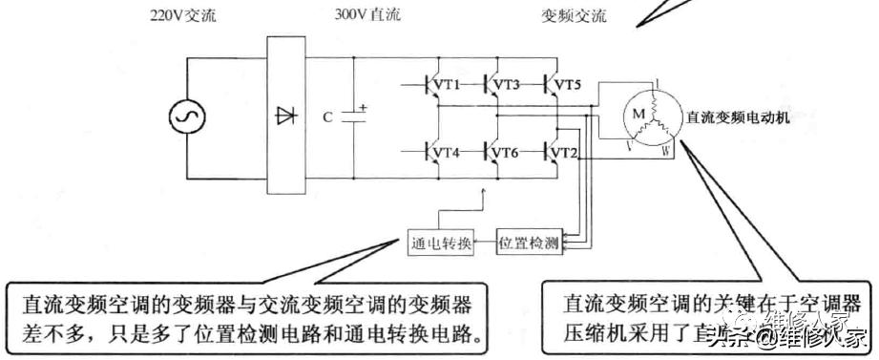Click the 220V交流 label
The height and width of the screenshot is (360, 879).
coord(182,15)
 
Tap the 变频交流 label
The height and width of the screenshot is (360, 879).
coord(574,16)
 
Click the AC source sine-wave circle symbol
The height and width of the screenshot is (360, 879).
coord(185,117)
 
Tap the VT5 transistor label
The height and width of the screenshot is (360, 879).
coord(567,85)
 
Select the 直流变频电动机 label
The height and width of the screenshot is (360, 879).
coord(739,118)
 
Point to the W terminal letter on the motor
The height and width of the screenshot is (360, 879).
coord(666,151)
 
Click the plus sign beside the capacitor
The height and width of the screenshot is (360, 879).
coord(363,107)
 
